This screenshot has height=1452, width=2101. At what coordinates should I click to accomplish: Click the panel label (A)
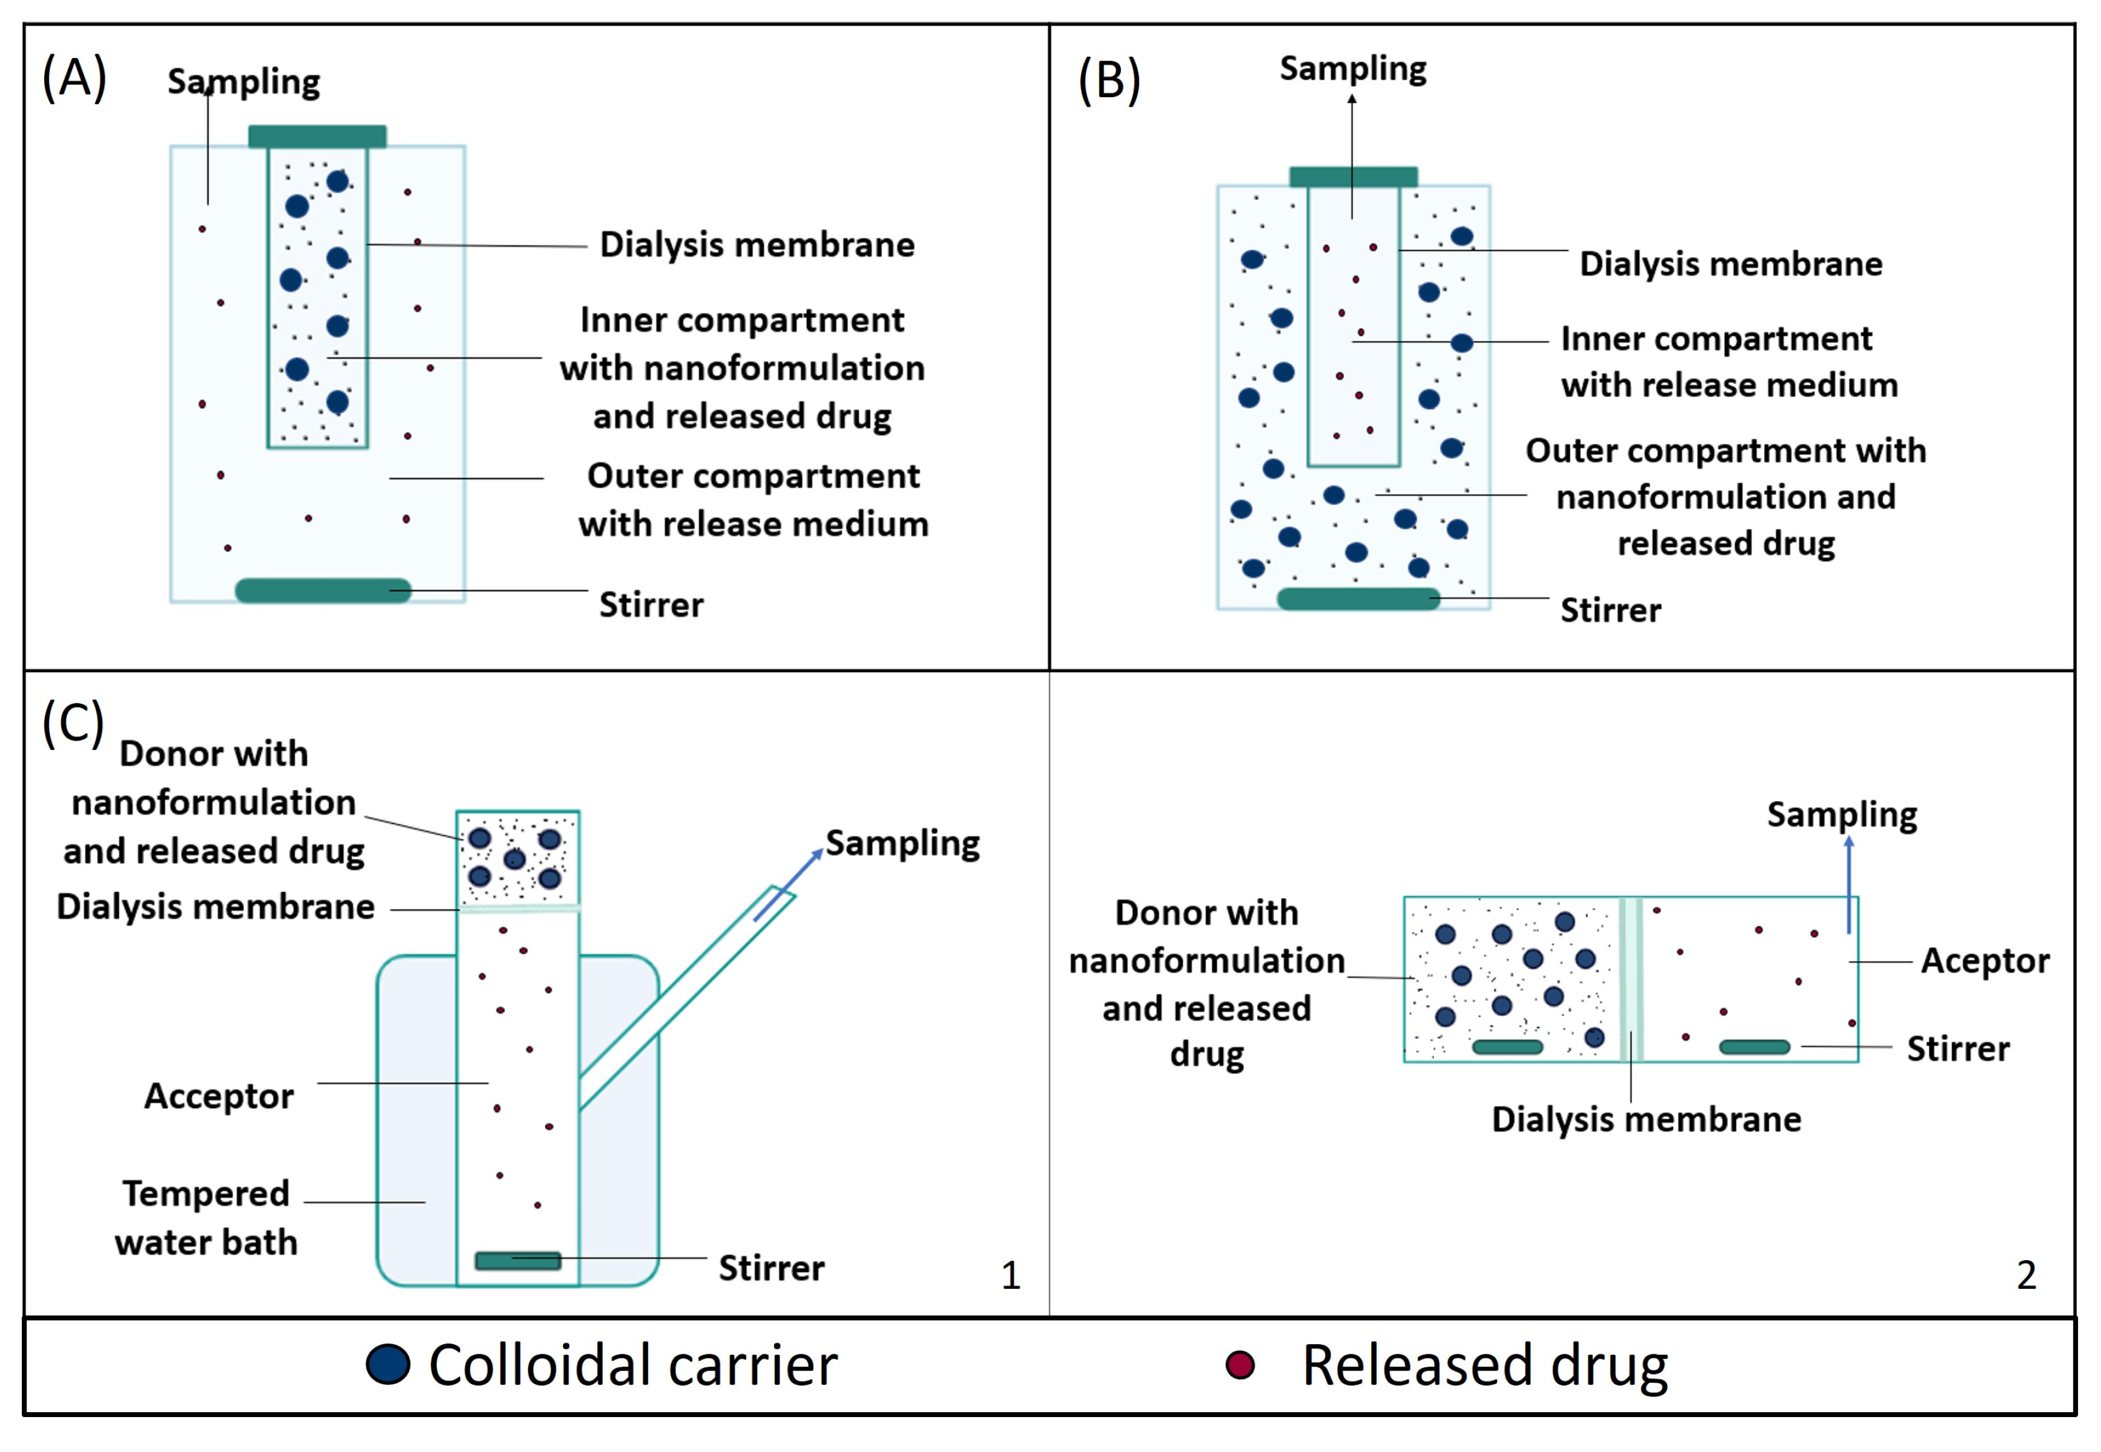(x=75, y=78)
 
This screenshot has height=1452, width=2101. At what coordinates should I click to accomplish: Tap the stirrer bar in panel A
(x=323, y=591)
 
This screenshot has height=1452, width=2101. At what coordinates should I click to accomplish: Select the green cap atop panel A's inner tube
(x=318, y=136)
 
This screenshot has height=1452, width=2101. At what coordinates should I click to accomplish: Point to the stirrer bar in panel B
(x=1358, y=599)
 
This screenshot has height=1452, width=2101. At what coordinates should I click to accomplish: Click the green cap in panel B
(x=1353, y=176)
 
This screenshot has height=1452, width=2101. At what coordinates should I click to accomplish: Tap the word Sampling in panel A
(x=243, y=82)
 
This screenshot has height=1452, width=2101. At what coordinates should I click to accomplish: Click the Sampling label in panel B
(x=1353, y=69)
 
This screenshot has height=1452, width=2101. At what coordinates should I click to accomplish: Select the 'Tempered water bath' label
(x=207, y=1217)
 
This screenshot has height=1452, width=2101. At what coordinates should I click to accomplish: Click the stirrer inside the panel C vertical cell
(x=517, y=1260)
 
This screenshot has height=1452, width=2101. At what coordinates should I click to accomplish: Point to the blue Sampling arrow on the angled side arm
(x=788, y=886)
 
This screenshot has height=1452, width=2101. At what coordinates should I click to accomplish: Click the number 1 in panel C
(x=1011, y=1276)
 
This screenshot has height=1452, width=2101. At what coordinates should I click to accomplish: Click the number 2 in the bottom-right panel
(x=2026, y=1276)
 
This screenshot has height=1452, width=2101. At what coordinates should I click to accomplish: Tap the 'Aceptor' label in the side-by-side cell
(x=1985, y=961)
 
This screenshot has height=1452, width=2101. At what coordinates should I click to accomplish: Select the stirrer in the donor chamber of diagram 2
(x=1507, y=1046)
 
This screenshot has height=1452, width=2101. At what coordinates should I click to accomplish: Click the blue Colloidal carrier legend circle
(x=389, y=1365)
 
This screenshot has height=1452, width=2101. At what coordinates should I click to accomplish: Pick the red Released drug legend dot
(x=1240, y=1365)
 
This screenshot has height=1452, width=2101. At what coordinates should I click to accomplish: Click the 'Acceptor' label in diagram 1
(x=219, y=1096)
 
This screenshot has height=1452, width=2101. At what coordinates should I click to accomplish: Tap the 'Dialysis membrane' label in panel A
(x=757, y=245)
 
